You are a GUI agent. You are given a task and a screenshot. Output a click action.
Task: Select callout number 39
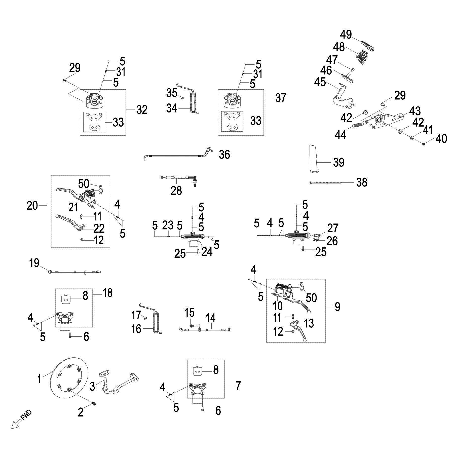(x=338, y=163)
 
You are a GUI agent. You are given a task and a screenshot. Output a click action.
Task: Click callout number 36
(x=224, y=155)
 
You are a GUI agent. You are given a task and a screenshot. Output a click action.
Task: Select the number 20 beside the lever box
(x=32, y=206)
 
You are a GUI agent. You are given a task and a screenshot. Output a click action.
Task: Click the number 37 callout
(x=280, y=98)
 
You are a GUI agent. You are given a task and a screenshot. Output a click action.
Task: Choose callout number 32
(x=142, y=110)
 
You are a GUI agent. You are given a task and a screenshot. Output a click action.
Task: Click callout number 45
(x=320, y=82)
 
